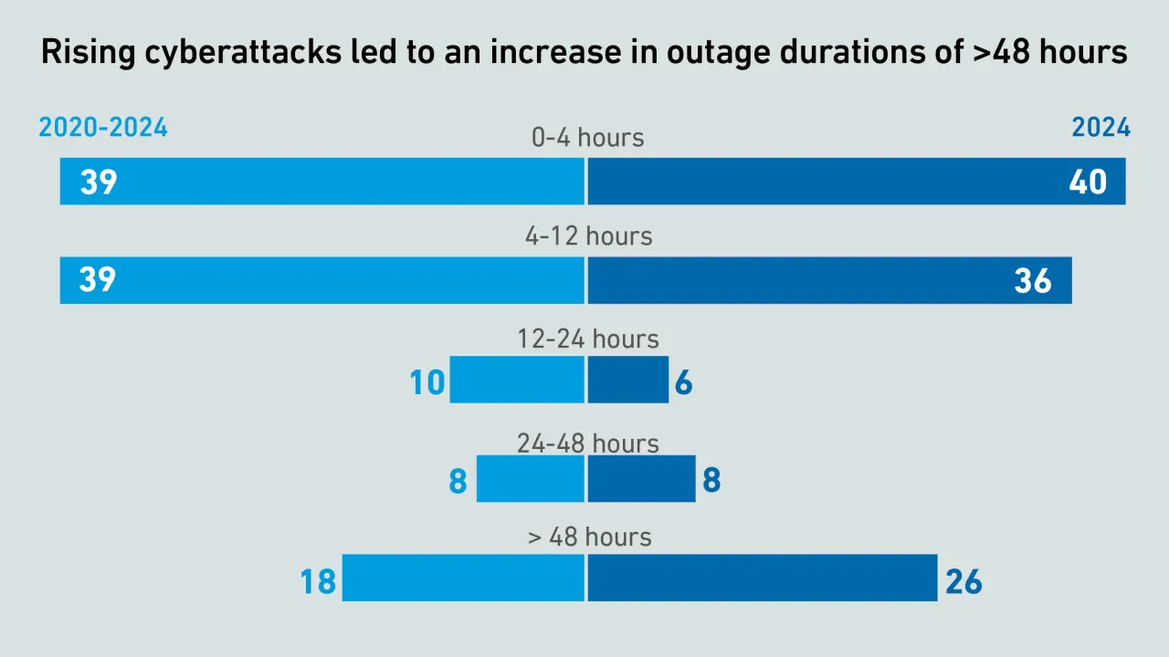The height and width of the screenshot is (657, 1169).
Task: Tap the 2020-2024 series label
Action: [103, 128]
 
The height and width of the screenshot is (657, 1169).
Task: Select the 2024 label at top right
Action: [1101, 128]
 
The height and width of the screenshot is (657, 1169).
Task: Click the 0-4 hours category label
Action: [587, 138]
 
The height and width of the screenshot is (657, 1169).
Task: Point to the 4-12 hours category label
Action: [588, 236]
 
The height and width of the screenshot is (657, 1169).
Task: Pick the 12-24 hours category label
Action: [587, 339]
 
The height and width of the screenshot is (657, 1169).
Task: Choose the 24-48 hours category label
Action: [587, 443]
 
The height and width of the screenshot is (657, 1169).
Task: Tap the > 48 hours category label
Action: [589, 537]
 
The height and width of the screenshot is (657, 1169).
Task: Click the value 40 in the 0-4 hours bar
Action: [1088, 182]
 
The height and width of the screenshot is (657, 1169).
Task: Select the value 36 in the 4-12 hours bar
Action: [1033, 281]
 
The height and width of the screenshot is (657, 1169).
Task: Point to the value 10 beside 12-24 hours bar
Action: [427, 382]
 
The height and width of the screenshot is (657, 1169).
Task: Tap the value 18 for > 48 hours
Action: [318, 581]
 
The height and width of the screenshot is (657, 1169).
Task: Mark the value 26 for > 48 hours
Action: [964, 581]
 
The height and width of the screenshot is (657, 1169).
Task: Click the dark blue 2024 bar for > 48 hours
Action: [763, 578]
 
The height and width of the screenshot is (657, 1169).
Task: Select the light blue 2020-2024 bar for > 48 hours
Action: [463, 578]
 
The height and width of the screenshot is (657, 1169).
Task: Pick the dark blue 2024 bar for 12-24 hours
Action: [628, 380]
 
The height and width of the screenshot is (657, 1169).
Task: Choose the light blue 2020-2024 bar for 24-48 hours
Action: [530, 479]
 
